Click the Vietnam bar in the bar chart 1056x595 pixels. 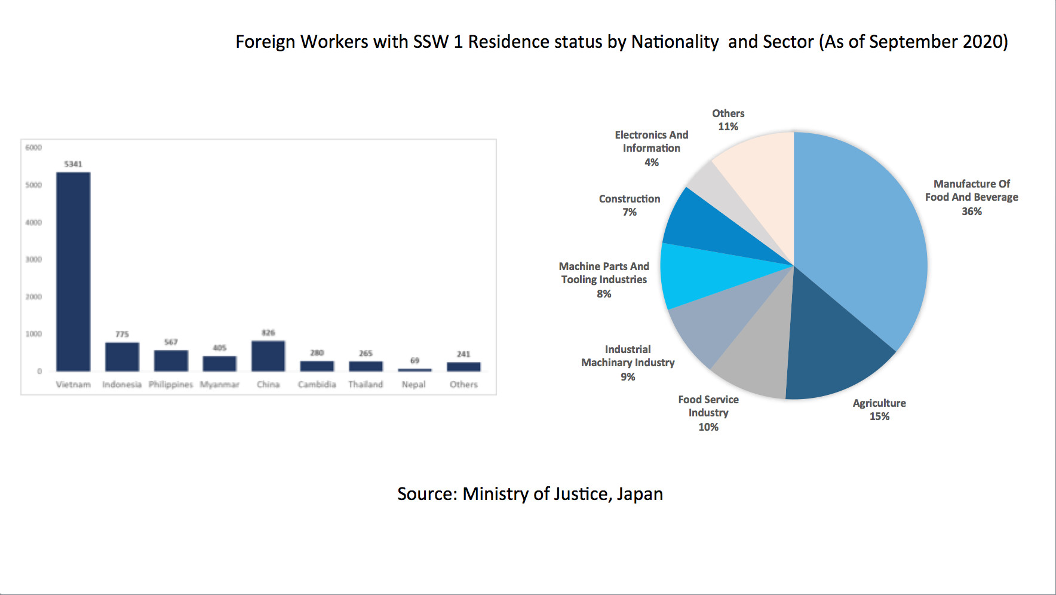(73, 272)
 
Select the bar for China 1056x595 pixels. (268, 356)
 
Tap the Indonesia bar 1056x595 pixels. (122, 357)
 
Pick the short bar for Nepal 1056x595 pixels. (415, 370)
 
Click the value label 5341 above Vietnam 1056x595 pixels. (73, 164)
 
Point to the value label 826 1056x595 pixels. (268, 333)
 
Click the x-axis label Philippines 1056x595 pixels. (171, 385)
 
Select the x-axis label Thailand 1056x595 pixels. (366, 385)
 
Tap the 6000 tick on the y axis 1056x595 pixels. (33, 148)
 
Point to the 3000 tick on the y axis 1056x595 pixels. (33, 259)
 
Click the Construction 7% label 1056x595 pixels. (630, 205)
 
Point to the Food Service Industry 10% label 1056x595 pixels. (708, 413)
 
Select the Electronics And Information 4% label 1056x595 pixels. (652, 148)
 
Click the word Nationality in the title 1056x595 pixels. (675, 42)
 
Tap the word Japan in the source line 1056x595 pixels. (640, 494)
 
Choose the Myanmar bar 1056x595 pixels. (219, 364)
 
